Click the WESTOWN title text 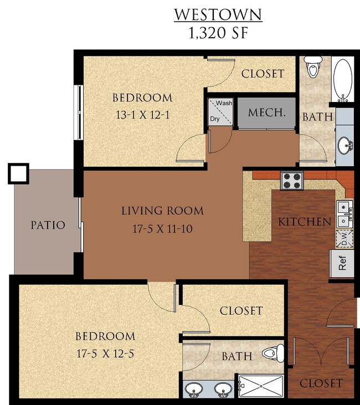click(218, 14)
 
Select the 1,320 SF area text click(218, 32)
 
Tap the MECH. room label click(267, 112)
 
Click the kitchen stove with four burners click(292, 181)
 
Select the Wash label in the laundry click(224, 103)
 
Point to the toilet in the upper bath click(313, 67)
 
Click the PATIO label click(48, 225)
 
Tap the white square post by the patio click(18, 173)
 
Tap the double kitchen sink click(343, 213)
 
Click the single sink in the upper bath click(344, 146)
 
